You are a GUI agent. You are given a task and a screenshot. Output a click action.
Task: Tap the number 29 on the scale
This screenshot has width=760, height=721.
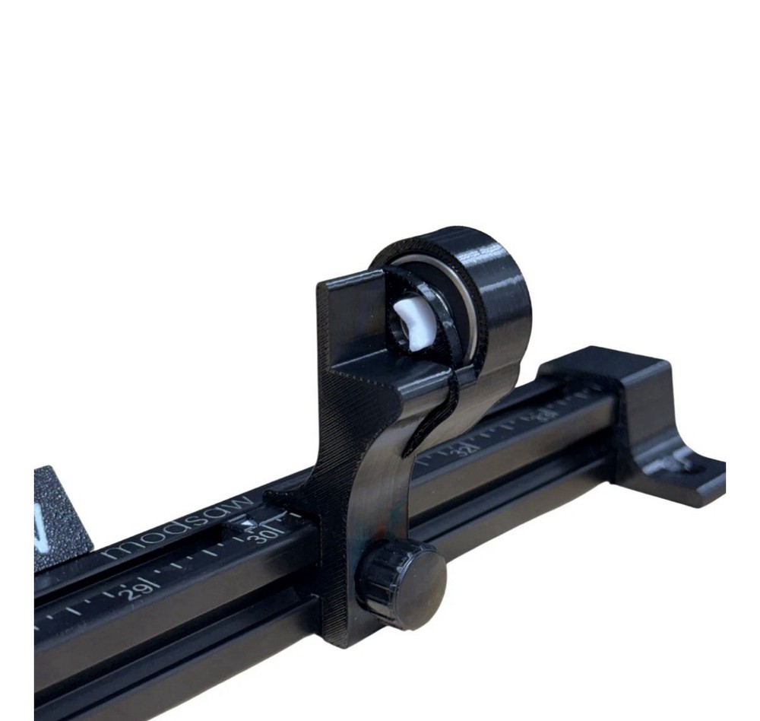tap(132, 591)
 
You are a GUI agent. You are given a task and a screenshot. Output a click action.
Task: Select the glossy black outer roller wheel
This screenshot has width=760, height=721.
tap(490, 297)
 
